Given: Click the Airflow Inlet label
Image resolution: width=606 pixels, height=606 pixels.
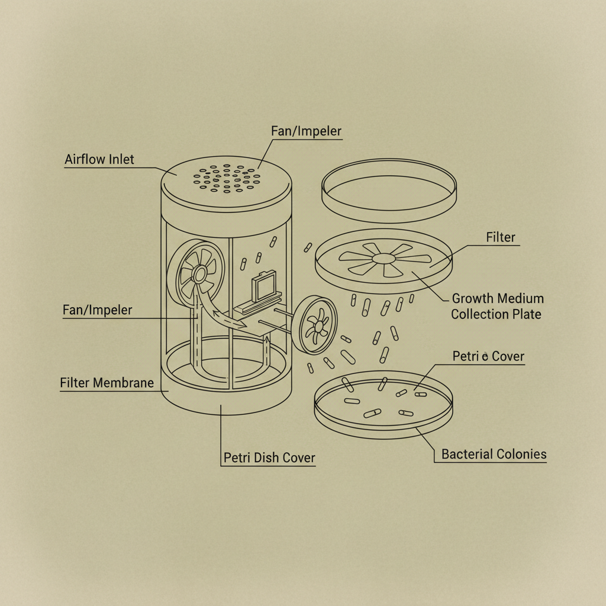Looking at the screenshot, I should pos(99,159).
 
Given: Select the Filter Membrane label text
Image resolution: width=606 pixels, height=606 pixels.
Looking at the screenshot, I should pos(107,383).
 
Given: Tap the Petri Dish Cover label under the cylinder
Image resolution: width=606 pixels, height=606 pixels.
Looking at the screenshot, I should pos(269,457).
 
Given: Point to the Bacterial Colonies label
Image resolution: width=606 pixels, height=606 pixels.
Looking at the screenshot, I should pos(494,454).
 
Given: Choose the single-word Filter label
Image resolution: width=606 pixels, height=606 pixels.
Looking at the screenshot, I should pos(501,237).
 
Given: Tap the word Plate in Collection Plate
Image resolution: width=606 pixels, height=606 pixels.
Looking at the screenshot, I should pos(527,314).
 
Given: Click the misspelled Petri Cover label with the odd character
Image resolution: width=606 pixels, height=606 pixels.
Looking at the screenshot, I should pos(488,356).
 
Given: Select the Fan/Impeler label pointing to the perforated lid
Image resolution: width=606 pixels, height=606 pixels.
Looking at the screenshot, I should pos(307,131).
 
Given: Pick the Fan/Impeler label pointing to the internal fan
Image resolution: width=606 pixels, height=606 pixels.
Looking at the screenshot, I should pos(98,310).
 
